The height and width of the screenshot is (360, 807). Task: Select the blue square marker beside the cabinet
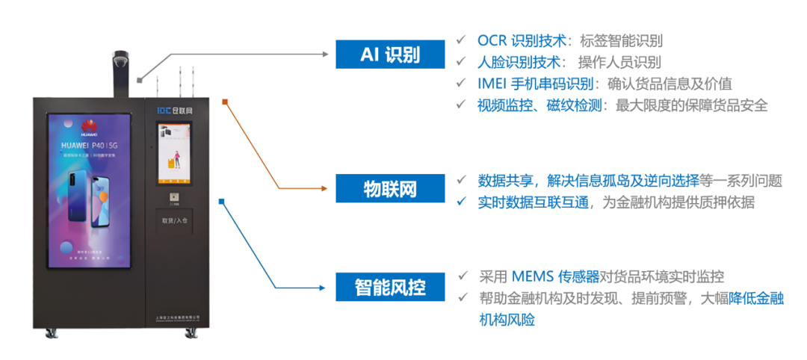point(221,201)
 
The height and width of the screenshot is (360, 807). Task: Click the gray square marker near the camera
point(139,79)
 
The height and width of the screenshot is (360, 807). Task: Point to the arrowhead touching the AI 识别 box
point(325,55)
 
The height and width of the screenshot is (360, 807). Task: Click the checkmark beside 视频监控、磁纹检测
point(462,105)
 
